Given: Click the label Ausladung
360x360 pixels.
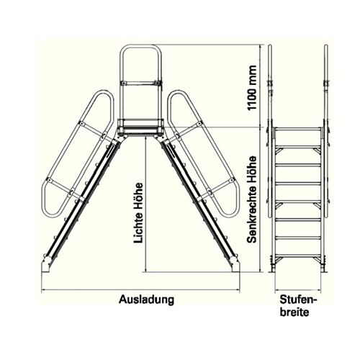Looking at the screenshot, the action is (x=146, y=300).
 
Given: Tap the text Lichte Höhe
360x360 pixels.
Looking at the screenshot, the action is (x=139, y=213).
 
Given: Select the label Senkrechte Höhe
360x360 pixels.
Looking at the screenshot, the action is (x=252, y=199).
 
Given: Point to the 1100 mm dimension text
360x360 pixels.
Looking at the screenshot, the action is (x=252, y=88).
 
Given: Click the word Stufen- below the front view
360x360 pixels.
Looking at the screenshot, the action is (x=298, y=300).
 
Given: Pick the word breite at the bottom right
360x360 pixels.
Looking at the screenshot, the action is (x=294, y=312).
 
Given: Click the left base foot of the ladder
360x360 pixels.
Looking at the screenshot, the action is (x=46, y=265).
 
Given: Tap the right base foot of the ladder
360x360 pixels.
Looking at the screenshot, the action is (x=235, y=265).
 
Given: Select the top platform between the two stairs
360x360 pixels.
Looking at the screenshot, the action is (x=140, y=127).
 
